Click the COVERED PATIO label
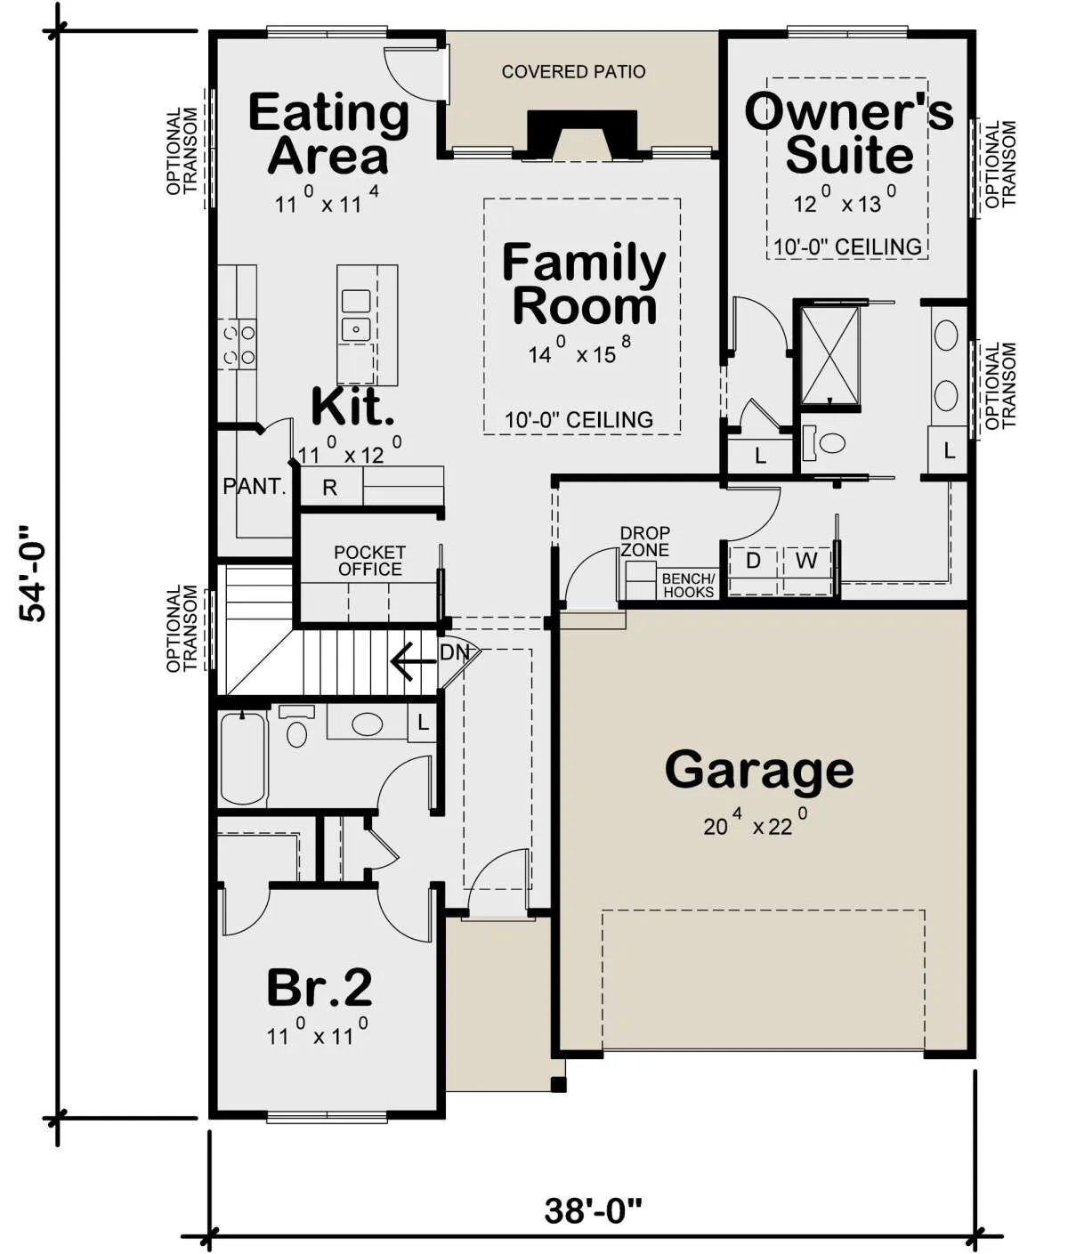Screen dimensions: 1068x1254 (573, 71)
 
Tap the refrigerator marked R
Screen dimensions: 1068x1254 (330, 487)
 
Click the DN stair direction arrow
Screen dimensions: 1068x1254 (413, 660)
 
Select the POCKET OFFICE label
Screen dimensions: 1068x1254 (369, 562)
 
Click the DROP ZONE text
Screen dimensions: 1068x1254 (645, 541)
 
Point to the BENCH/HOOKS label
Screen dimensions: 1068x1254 (689, 586)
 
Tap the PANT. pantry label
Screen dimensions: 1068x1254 (255, 486)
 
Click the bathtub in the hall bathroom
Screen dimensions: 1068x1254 (243, 759)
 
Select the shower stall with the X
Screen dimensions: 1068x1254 (830, 355)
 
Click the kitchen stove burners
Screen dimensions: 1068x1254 (239, 344)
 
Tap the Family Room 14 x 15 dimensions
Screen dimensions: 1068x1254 (578, 352)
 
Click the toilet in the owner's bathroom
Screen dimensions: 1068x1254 (824, 443)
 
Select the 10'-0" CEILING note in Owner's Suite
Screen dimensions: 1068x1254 (847, 247)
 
